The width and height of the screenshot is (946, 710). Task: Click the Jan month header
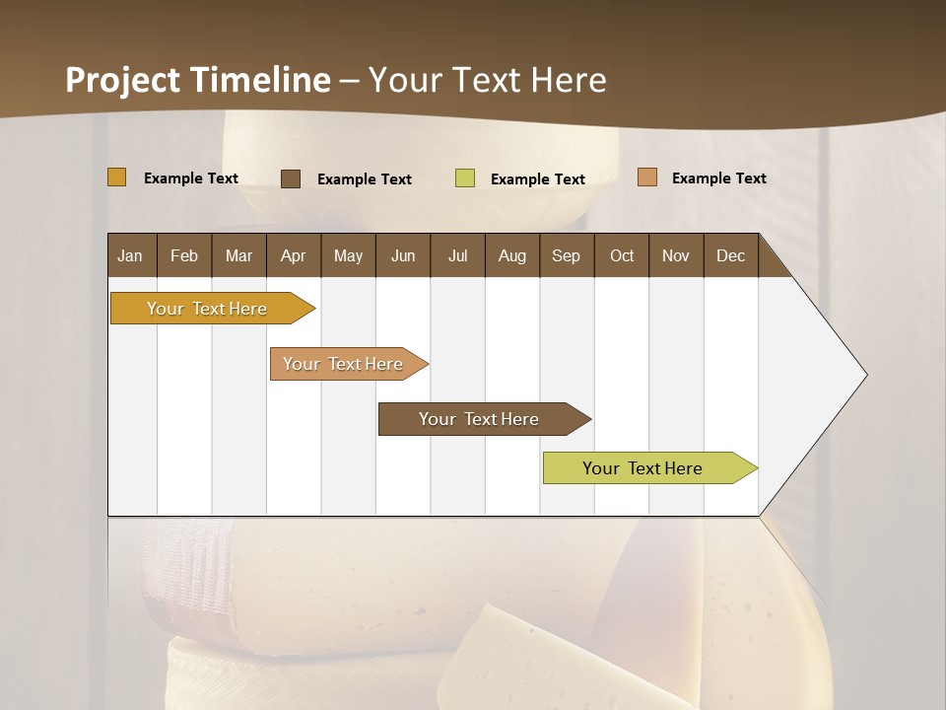pyautogui.click(x=130, y=255)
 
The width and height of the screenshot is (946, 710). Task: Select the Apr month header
pyautogui.click(x=293, y=255)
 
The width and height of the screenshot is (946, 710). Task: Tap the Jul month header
pyautogui.click(x=457, y=255)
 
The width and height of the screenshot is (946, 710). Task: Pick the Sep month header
pyautogui.click(x=566, y=255)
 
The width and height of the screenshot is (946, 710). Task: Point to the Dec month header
pyautogui.click(x=730, y=255)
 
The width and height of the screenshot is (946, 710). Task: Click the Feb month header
pyautogui.click(x=184, y=255)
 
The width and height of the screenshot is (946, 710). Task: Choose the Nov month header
pyautogui.click(x=676, y=255)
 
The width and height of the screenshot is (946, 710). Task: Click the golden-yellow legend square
pyautogui.click(x=117, y=177)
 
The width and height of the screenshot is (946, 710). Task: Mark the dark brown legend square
pyautogui.click(x=291, y=178)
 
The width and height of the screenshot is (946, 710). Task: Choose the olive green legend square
pyautogui.click(x=465, y=178)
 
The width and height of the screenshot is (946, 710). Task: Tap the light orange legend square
pyautogui.click(x=646, y=177)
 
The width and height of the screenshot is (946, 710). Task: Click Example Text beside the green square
pyautogui.click(x=537, y=179)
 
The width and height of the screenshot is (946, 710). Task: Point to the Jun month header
pyautogui.click(x=403, y=255)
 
